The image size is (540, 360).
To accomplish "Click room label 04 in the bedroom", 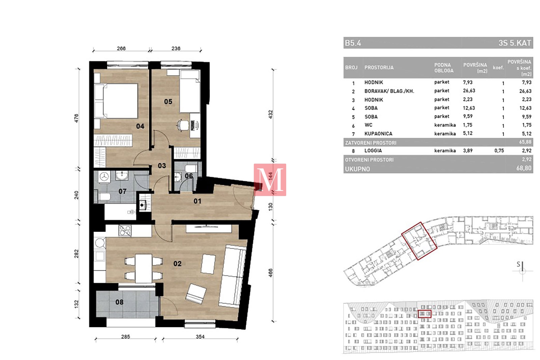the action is click(140, 126).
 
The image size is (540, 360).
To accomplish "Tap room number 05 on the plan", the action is click(168, 102).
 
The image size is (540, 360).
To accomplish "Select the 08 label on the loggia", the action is click(119, 302).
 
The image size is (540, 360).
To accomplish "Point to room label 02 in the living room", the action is click(178, 264).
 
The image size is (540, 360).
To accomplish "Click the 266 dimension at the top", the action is click(121, 49).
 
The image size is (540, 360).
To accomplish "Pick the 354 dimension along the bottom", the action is click(200, 337).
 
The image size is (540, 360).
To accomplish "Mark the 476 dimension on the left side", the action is click(76, 118).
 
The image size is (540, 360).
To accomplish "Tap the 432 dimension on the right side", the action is click(270, 114).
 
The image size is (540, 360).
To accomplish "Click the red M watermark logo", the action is click(270, 180).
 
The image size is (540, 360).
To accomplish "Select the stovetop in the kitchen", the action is click(125, 230).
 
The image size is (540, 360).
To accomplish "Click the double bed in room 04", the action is click(116, 101).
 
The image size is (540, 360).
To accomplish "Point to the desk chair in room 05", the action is click(183, 125).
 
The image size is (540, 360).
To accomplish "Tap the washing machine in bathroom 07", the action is click(104, 177).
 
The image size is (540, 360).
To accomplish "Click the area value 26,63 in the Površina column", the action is click(469, 91).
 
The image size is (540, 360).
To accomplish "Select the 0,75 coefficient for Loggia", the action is click(499, 150).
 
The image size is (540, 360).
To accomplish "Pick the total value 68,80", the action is click(523, 168).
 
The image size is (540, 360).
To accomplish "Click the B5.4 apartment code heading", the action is click(353, 43).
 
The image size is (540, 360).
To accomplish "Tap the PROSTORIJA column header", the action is click(379, 67).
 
